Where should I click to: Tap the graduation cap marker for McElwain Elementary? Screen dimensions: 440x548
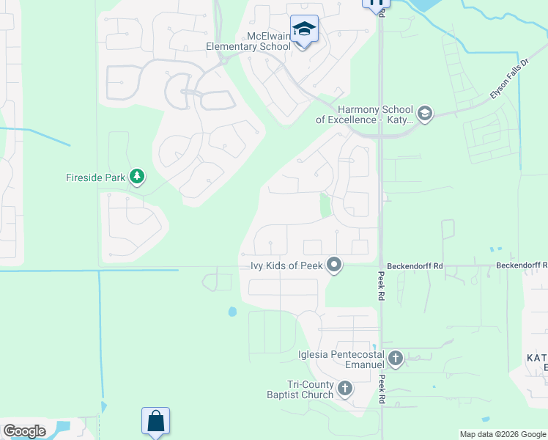coord(304,29)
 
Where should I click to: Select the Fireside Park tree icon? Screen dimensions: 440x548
coord(136,177)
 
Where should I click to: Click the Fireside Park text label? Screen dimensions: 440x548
coord(96,177)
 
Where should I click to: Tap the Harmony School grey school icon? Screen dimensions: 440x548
coord(425,114)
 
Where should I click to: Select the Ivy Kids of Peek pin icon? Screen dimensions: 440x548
coord(334,265)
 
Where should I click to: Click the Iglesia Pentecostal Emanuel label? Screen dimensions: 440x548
coord(341,359)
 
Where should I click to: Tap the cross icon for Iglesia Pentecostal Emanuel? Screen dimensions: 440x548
coord(396,359)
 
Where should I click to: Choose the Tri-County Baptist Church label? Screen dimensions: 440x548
coord(311,389)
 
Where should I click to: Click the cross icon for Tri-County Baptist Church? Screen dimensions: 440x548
coord(344,389)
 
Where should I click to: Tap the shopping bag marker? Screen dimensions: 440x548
coord(155,422)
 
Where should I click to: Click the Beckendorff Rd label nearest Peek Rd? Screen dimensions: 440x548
coord(417,266)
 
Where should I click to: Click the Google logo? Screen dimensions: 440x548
coord(24,431)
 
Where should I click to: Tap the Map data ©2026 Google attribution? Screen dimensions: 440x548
coord(503,434)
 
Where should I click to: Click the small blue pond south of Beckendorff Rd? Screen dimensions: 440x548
coord(233,312)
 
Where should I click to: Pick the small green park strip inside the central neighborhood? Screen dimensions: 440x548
coord(325,205)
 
